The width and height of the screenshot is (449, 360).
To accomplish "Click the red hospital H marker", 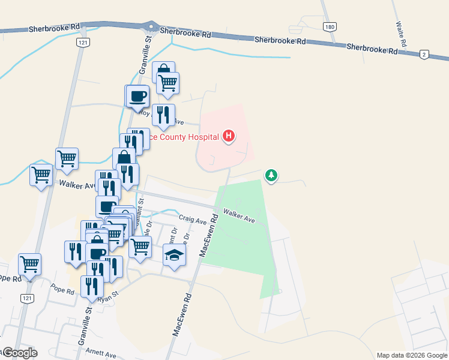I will coord(229,137).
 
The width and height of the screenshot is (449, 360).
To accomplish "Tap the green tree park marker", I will coord(271,175).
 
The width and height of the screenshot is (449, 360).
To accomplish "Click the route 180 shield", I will coord(328,27).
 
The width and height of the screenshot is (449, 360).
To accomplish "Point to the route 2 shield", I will coord(424,55).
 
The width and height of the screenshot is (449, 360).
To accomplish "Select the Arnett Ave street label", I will coord(100,355).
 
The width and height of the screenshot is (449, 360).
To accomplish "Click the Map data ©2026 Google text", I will coord(412,355).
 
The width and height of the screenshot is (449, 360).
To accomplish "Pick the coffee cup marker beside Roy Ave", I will coord(137,95).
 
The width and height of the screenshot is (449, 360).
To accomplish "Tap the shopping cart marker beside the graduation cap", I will coord(140,245).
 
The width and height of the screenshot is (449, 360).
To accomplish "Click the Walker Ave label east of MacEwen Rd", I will coord(240,216).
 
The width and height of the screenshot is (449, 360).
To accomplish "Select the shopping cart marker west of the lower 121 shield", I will coord(29,263).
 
